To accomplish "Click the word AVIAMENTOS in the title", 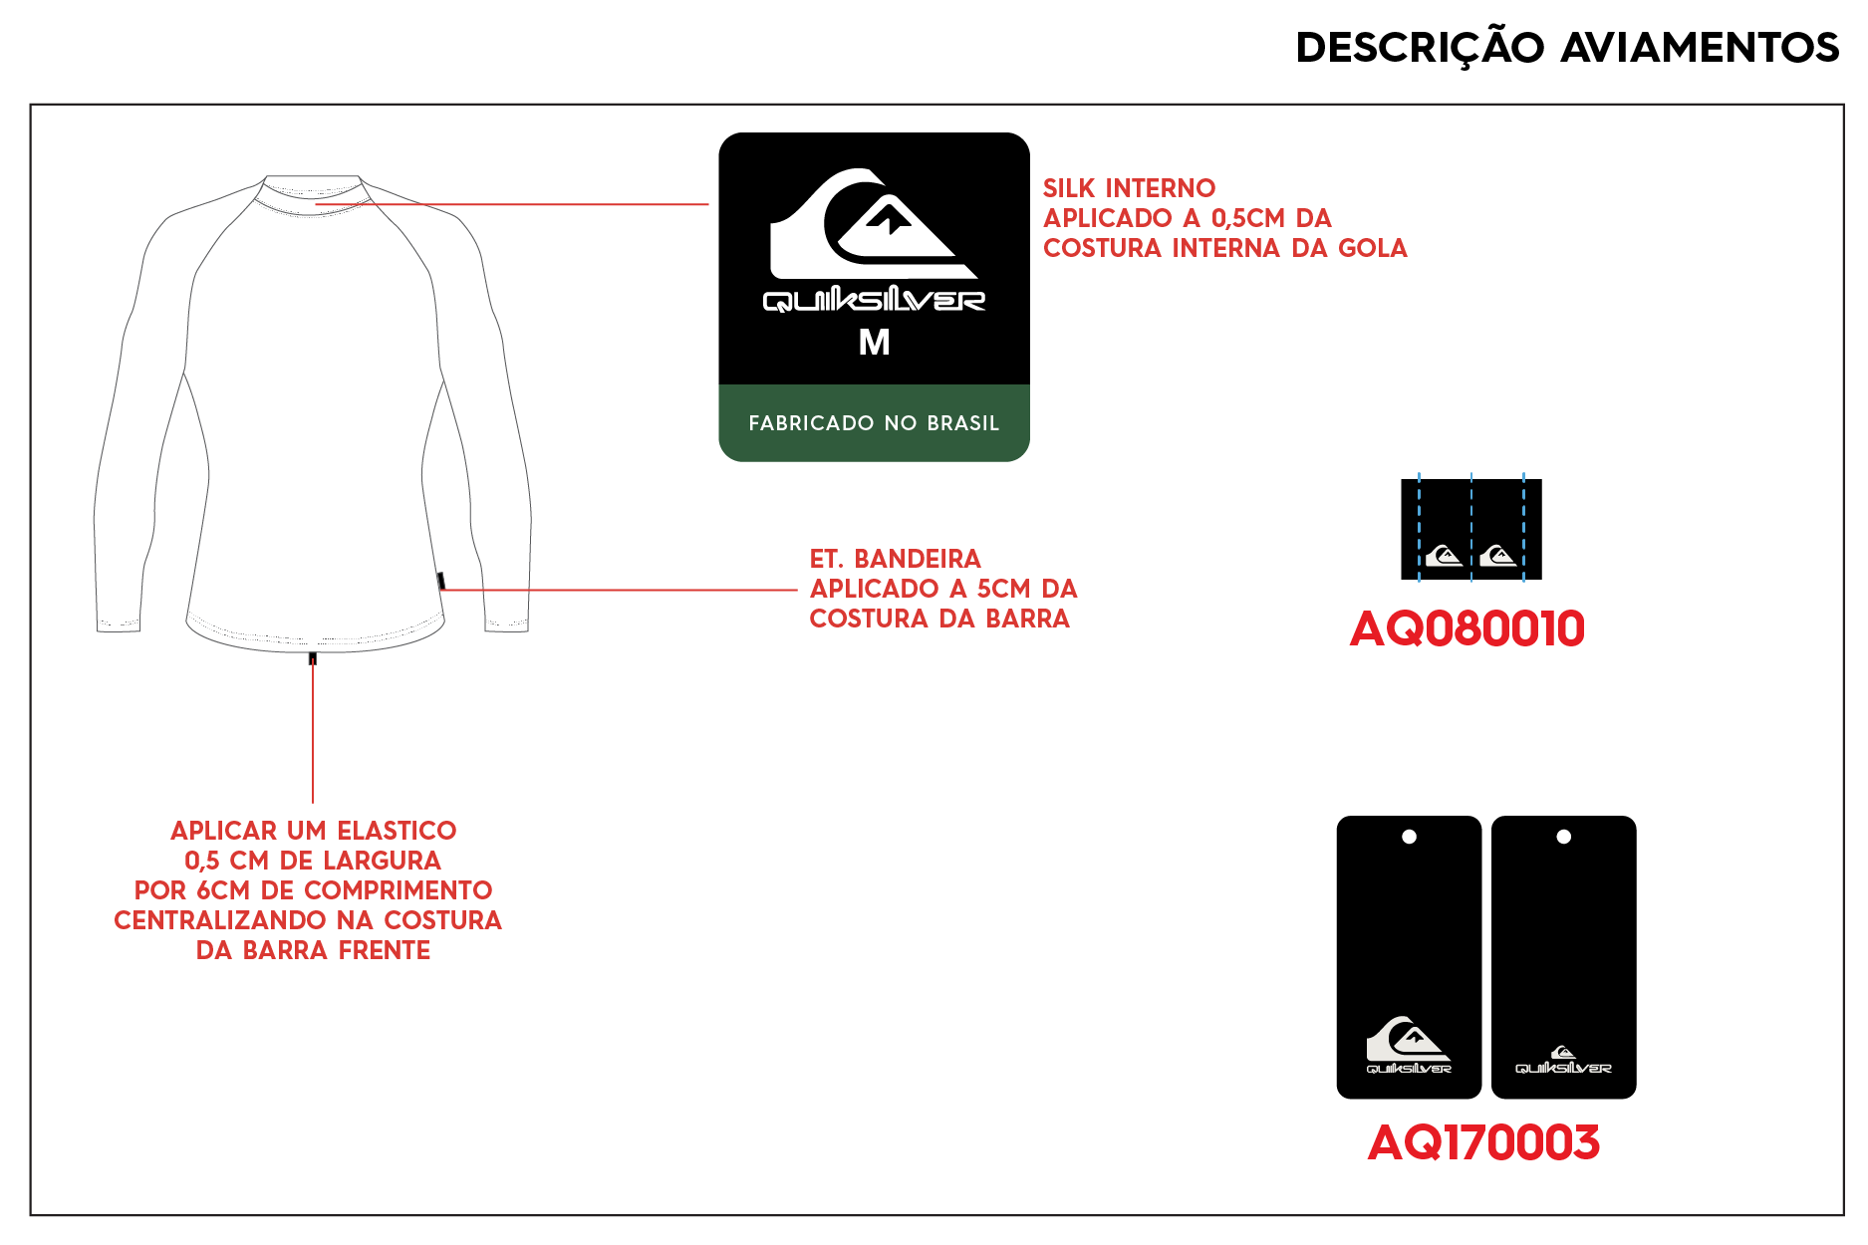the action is coord(1700,48).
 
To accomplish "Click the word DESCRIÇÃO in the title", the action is coord(1420,48).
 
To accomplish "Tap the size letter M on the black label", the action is coord(874,343).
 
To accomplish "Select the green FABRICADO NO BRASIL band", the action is coord(874,423).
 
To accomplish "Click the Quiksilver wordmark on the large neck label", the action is coord(874,300).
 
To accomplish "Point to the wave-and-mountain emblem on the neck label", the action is coord(873,223).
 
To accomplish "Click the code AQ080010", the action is coord(1467,628).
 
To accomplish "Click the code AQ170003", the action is coord(1483,1142).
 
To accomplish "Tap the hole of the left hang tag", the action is coord(1409,837).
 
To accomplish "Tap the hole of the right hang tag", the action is coord(1563,837).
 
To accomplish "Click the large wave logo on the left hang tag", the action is coord(1408,1039).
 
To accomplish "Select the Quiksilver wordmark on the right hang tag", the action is coord(1563,1068).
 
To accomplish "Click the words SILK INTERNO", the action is coord(1129,188).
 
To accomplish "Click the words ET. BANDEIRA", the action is coord(895,559).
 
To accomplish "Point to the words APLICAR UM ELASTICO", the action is coord(313,831).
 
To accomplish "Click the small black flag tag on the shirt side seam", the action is coord(440,582).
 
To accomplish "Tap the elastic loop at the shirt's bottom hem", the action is coord(313,658).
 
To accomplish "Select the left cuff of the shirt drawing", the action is coord(118,624).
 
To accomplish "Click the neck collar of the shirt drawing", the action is coord(312,190).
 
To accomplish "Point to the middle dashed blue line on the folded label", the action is coord(1471,528).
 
